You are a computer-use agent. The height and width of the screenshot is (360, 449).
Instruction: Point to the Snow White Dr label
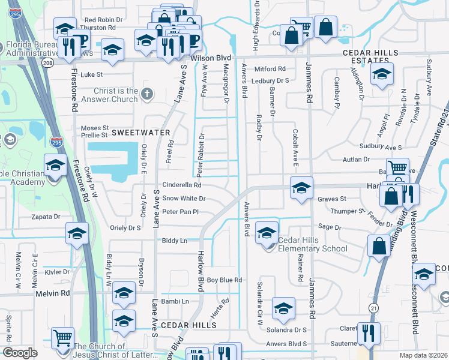pyautogui.click(x=184, y=199)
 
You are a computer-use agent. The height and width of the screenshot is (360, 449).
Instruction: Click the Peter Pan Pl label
pyautogui.click(x=180, y=212)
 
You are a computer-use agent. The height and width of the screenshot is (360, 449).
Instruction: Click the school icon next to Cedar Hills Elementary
pyautogui.click(x=267, y=232)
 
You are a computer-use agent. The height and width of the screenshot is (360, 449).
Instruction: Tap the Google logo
pyautogui.click(x=20, y=353)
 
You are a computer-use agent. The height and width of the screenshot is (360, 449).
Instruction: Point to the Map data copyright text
pyautogui.click(x=423, y=355)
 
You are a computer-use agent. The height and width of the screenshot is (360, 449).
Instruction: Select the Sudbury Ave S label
pyautogui.click(x=380, y=146)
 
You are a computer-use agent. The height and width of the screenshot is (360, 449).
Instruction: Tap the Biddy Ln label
pyautogui.click(x=175, y=241)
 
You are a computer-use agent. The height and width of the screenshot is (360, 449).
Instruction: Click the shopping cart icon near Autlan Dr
pyautogui.click(x=397, y=169)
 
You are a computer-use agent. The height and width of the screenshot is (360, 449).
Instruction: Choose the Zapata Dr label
pyautogui.click(x=45, y=216)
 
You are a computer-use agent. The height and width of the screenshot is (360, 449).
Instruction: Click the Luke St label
pyautogui.click(x=92, y=75)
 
